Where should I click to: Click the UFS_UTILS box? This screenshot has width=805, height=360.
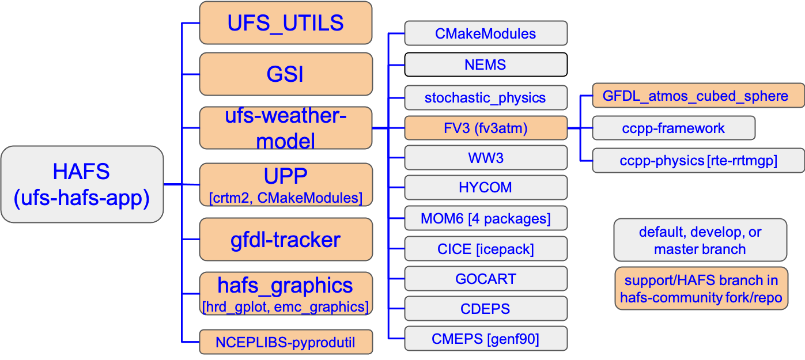[285, 22]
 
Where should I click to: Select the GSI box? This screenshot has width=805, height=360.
[285, 74]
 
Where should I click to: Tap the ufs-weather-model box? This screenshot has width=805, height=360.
[285, 127]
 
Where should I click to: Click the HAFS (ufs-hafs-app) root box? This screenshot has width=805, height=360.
[81, 184]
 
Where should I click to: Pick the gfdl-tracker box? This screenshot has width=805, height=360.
[285, 239]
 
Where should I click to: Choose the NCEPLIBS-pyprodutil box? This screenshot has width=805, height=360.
[285, 343]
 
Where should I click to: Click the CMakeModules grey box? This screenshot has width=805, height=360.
[485, 33]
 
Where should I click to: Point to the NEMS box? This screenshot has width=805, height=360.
[485, 65]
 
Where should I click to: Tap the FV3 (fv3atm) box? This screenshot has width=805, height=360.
[485, 128]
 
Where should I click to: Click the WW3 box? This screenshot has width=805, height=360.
[485, 158]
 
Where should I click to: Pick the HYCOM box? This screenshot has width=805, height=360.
[485, 188]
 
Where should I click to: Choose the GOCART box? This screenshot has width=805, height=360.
[485, 279]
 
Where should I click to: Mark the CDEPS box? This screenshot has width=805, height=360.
[485, 309]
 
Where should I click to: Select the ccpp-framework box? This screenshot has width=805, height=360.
[673, 128]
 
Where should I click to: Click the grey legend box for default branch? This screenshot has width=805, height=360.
[700, 240]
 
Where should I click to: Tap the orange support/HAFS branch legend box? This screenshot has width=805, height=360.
[701, 289]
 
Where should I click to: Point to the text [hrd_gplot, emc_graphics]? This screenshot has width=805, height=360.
[285, 306]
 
